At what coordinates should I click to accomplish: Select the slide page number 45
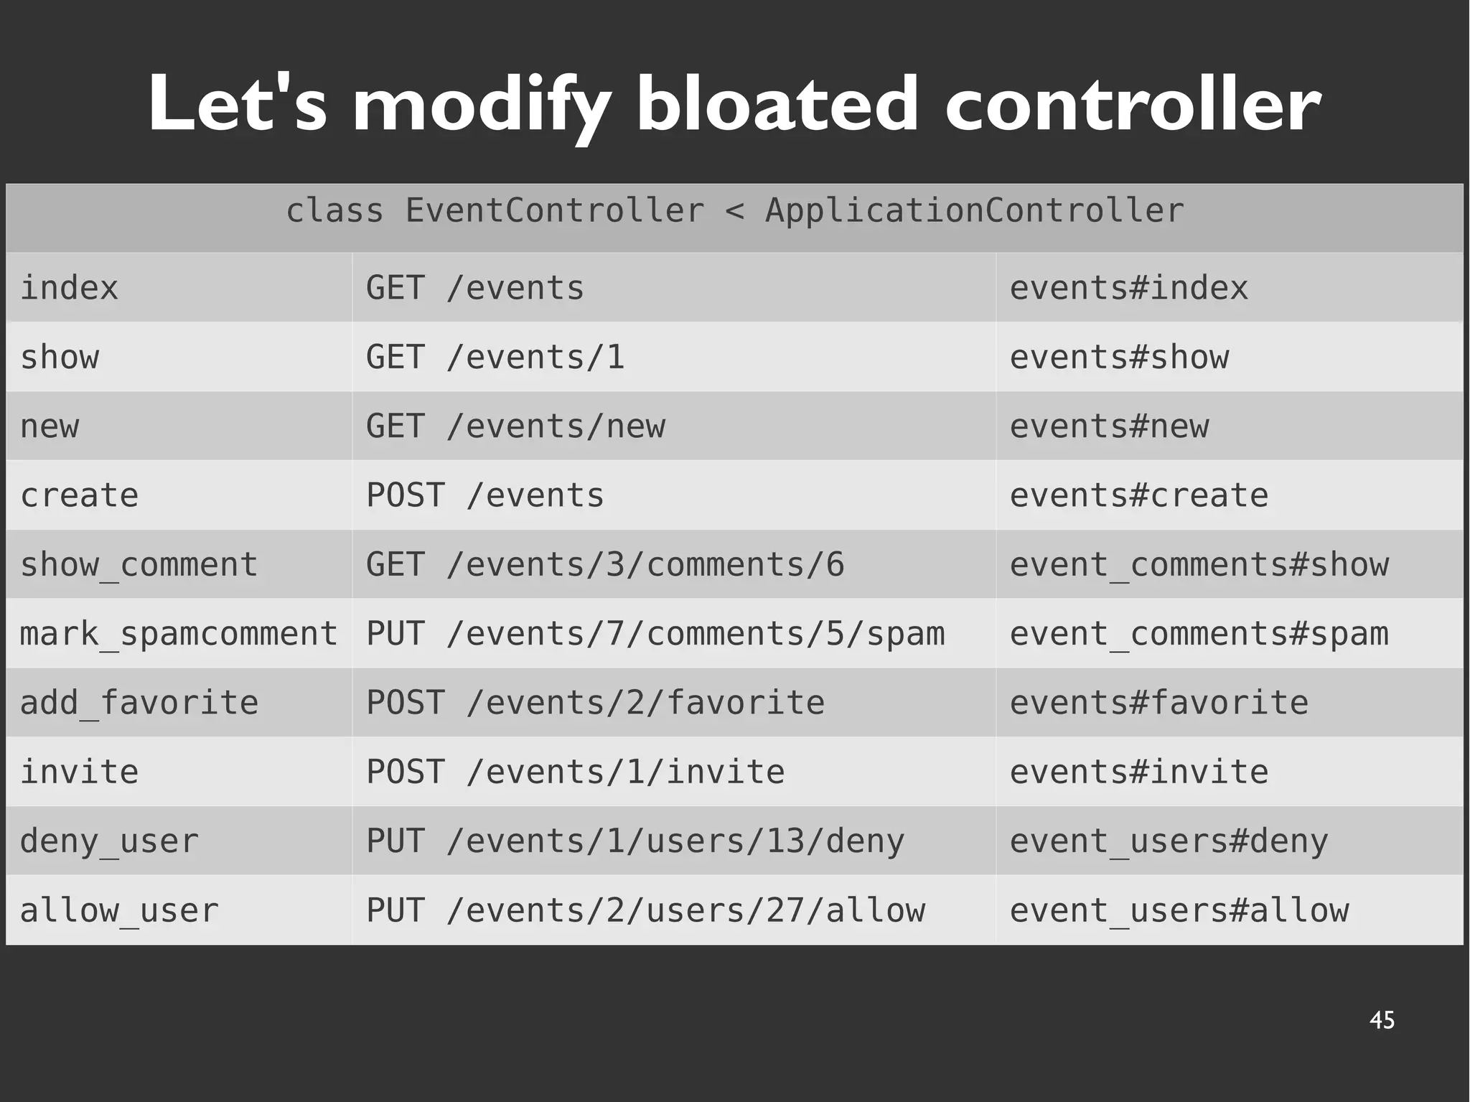click(1382, 1020)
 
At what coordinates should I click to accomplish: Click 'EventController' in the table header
click(554, 211)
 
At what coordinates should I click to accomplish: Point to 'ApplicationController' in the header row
click(974, 211)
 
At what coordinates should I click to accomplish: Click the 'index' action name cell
click(69, 288)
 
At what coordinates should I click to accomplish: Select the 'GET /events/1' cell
click(495, 358)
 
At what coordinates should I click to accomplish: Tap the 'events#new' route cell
click(1109, 426)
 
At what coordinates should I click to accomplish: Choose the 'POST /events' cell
click(485, 495)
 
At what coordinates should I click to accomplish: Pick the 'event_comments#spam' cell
click(1199, 634)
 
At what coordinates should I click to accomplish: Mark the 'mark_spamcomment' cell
click(178, 634)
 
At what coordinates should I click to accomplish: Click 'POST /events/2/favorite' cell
click(595, 703)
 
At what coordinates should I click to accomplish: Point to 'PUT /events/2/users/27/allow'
click(645, 910)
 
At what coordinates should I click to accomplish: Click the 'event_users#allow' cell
click(1179, 910)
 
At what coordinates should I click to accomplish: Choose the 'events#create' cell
click(1139, 495)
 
